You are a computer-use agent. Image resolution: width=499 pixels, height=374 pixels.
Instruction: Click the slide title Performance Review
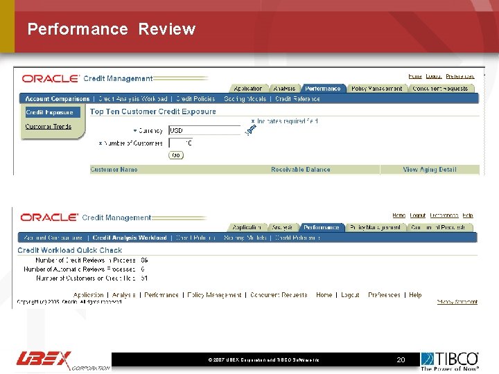[x=112, y=29]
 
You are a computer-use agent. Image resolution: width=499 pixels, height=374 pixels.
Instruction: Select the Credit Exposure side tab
[x=49, y=112]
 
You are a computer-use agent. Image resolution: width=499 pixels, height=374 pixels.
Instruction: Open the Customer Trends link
[x=49, y=127]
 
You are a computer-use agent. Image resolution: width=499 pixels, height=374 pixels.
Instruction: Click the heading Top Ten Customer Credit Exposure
[x=153, y=112]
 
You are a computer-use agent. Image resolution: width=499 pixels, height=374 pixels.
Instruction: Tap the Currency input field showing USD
[x=204, y=130]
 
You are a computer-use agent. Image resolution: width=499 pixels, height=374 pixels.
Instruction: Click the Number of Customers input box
[x=181, y=143]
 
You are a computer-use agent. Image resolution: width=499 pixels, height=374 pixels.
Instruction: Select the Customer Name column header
[x=114, y=170]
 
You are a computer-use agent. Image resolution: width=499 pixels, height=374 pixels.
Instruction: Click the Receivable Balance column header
[x=300, y=170]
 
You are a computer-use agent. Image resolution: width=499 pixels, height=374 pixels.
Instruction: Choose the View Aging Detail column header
[x=430, y=170]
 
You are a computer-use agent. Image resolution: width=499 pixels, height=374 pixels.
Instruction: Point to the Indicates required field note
[x=286, y=122]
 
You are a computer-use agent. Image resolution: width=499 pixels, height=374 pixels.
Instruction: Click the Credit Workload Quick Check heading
[x=69, y=250]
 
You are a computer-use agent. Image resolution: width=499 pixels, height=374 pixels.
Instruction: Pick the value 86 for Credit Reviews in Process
[x=143, y=260]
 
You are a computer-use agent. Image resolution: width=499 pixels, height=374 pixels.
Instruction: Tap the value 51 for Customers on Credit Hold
[x=143, y=278]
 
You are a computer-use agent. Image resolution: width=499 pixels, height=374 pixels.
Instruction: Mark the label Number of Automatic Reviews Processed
[x=80, y=269]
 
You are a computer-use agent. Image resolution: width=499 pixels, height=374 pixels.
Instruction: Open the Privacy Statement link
[x=457, y=302]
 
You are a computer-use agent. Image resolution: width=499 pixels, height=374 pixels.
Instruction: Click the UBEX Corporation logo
[x=62, y=360]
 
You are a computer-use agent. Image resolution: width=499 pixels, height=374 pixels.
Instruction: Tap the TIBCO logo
[x=450, y=360]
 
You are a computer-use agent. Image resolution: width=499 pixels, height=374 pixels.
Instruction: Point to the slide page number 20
[x=401, y=360]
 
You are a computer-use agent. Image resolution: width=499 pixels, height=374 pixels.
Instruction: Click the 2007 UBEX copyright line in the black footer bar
[x=263, y=361]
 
